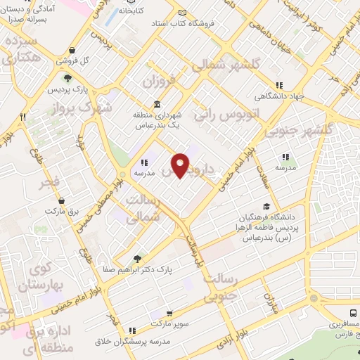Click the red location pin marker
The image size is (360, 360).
[x=181, y=165]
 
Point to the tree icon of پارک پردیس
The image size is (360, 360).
[x=67, y=78]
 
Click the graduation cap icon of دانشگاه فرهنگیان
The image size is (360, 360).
[x=266, y=206]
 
